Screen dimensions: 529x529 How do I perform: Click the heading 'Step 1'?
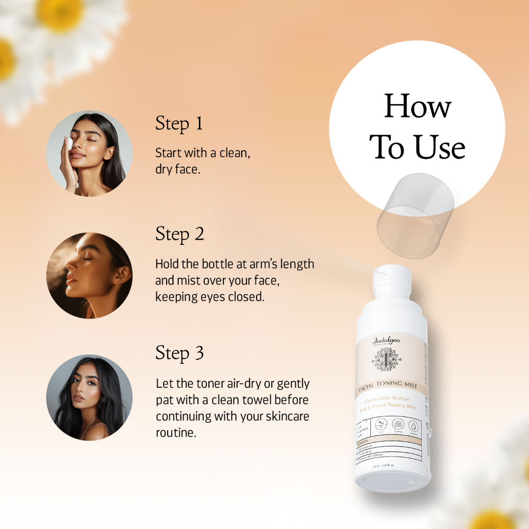(x=179, y=123)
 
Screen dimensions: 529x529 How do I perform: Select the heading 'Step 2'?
(x=179, y=234)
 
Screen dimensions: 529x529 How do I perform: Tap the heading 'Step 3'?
(x=179, y=353)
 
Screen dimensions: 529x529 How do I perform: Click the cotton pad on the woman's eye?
(x=69, y=143)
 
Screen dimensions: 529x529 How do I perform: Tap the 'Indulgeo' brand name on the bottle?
(x=386, y=340)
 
